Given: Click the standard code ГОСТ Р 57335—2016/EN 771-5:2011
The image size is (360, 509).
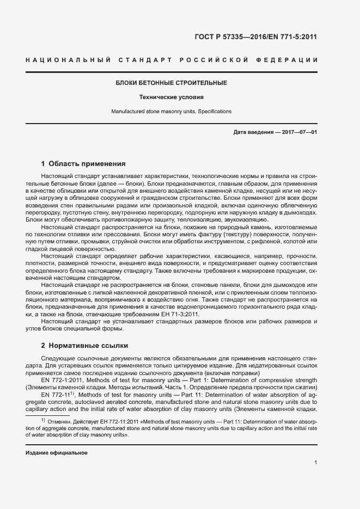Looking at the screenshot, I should (x=255, y=38).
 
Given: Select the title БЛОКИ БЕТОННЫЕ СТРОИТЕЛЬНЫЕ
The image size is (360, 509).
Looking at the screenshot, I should (x=172, y=83).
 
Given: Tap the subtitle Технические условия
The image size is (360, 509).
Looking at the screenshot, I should (x=172, y=97).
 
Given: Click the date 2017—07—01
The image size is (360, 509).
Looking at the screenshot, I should (x=297, y=133).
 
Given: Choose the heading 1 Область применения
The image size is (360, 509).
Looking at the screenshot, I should (x=84, y=163).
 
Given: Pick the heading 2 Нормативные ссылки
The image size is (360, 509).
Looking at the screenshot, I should (x=84, y=346).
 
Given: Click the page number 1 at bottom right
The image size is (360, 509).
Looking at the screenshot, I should (x=316, y=463).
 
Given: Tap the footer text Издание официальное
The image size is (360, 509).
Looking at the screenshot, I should (x=57, y=453).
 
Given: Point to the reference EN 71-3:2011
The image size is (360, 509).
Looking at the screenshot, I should (x=181, y=315).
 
